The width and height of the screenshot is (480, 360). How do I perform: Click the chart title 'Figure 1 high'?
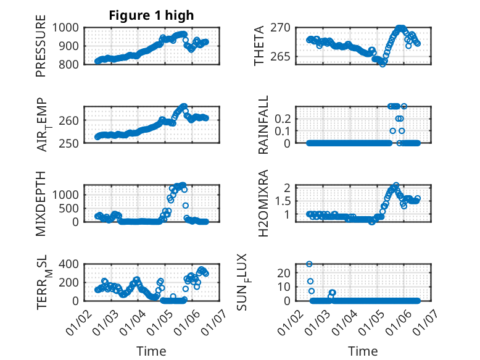[x=151, y=15]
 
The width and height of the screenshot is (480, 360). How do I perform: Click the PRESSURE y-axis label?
[x=41, y=49]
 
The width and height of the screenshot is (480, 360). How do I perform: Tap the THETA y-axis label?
[x=260, y=45]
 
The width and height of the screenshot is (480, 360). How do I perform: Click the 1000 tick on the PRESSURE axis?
[x=64, y=28]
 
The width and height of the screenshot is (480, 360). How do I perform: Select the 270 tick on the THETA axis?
[x=281, y=28]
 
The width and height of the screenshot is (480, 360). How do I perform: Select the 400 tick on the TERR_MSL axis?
[x=67, y=264]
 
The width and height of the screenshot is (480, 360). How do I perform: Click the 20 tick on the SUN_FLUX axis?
[x=284, y=273]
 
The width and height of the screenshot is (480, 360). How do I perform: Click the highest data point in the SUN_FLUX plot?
[x=309, y=264]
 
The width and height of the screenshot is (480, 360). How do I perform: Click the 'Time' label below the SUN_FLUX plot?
[x=363, y=351]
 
